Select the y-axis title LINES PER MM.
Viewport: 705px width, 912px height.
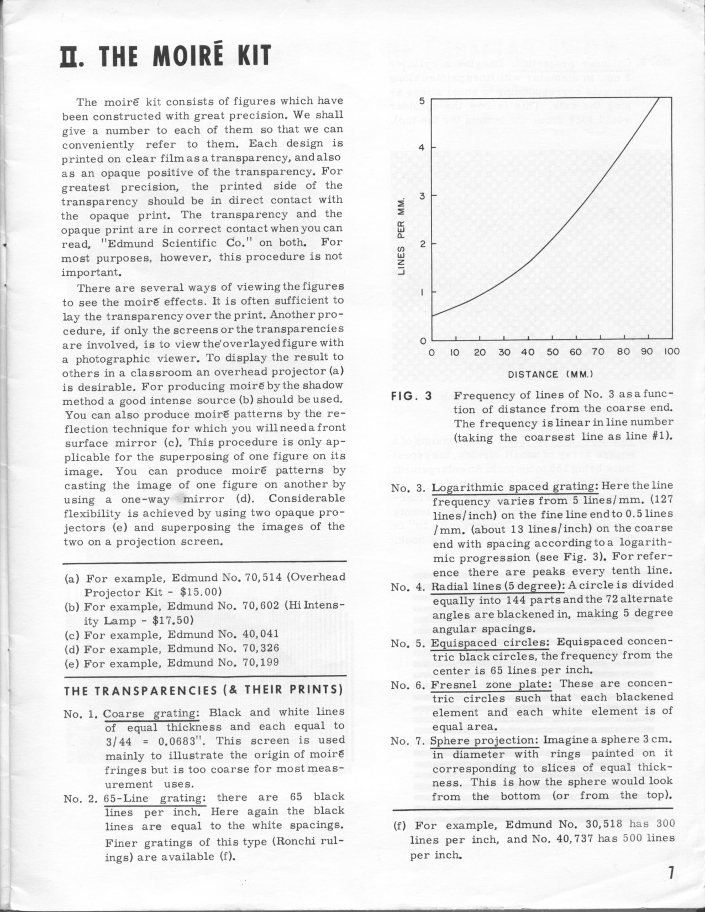(x=403, y=235)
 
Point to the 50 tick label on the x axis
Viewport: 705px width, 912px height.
(x=551, y=352)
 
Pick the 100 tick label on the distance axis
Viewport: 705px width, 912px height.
(x=671, y=352)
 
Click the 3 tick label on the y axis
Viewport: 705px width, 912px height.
(x=422, y=195)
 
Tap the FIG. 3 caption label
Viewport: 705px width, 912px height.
(x=412, y=396)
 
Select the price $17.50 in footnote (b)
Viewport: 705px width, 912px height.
(x=172, y=620)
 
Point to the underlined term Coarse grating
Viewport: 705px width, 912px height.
(x=152, y=712)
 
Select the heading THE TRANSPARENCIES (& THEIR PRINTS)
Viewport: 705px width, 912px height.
(x=203, y=691)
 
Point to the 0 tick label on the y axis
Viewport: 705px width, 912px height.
(x=422, y=340)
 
